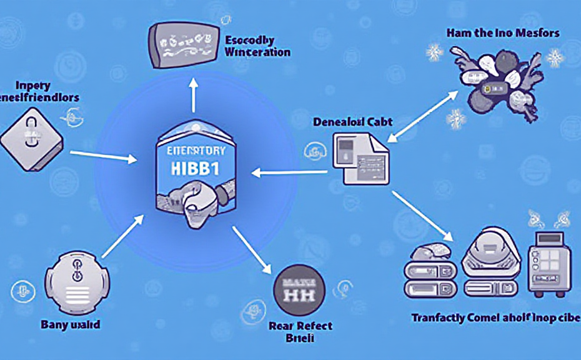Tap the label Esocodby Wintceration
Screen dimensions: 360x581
pos(256,46)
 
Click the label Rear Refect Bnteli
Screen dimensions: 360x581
pos(300,332)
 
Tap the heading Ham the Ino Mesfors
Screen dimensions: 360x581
pos(503,32)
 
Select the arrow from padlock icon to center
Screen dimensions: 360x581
pos(103,156)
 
